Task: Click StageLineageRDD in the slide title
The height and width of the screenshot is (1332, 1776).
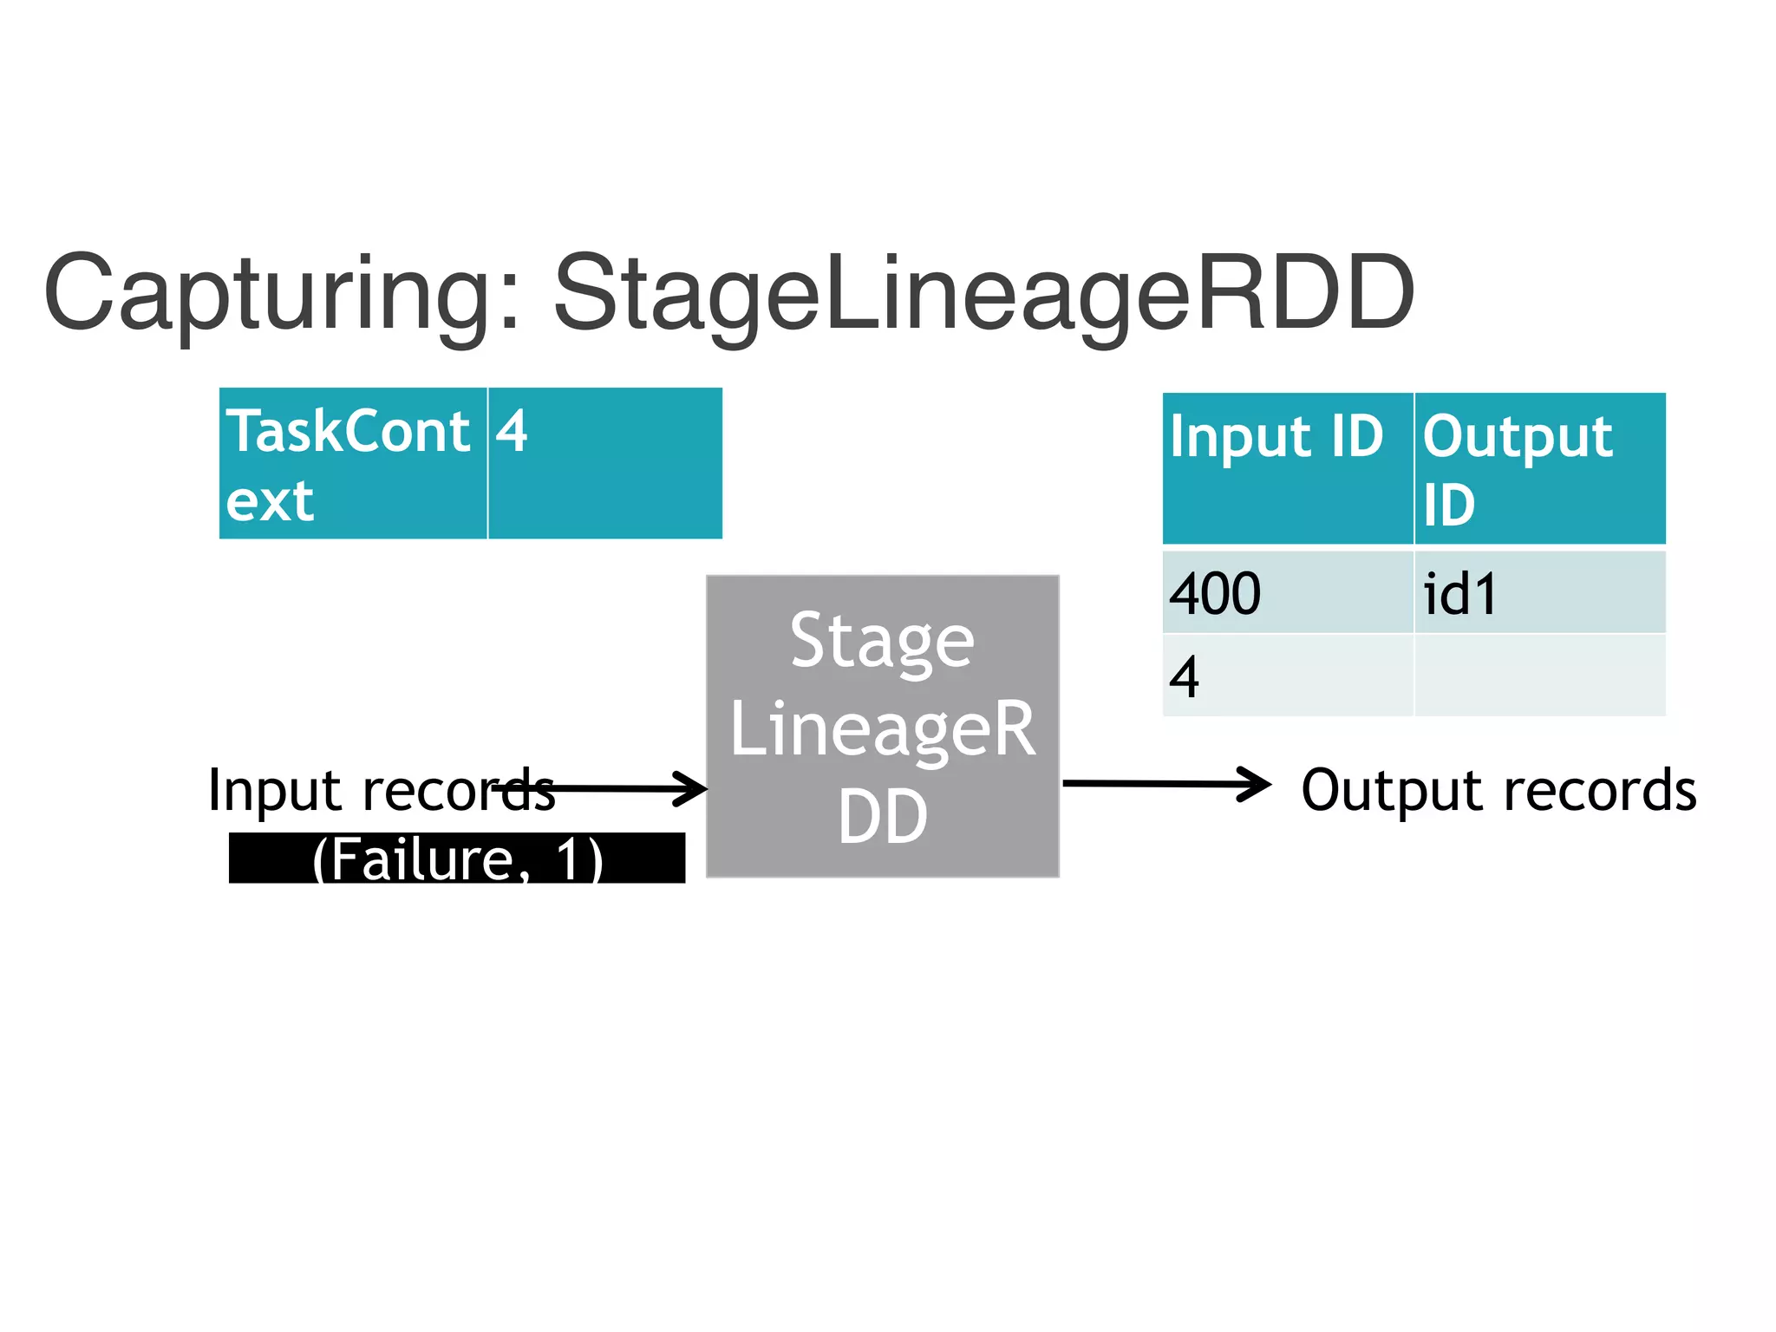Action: pos(984,295)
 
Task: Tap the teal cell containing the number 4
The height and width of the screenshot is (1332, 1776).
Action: pos(604,464)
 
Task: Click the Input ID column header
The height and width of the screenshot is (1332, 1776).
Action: pos(1287,468)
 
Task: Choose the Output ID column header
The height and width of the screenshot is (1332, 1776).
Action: pos(1539,468)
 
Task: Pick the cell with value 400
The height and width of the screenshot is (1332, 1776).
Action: pos(1287,593)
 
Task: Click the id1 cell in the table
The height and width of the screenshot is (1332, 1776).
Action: pos(1539,593)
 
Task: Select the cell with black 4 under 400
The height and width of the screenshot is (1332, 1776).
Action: pos(1287,676)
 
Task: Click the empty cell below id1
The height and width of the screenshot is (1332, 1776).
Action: pos(1539,676)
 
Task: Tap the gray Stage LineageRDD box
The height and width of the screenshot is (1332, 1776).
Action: pos(883,727)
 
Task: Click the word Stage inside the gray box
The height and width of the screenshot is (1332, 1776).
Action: pos(883,642)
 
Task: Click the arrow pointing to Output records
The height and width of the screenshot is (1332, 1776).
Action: pos(1166,784)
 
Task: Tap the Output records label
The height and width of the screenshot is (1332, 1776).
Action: pos(1498,791)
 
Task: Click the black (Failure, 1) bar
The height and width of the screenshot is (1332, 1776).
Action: pos(457,859)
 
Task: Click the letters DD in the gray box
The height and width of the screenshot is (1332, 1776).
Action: pos(883,817)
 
